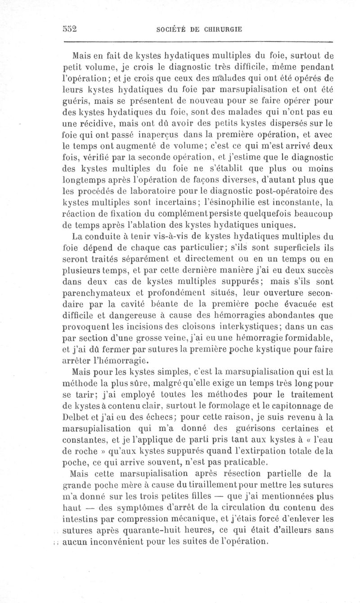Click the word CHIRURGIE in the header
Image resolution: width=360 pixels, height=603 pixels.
(x=218, y=29)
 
